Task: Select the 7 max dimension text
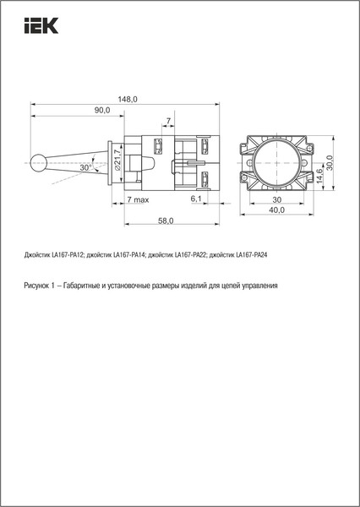click(138, 199)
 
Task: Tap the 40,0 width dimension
click(276, 210)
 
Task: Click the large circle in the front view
click(276, 159)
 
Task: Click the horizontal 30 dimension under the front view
click(276, 199)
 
